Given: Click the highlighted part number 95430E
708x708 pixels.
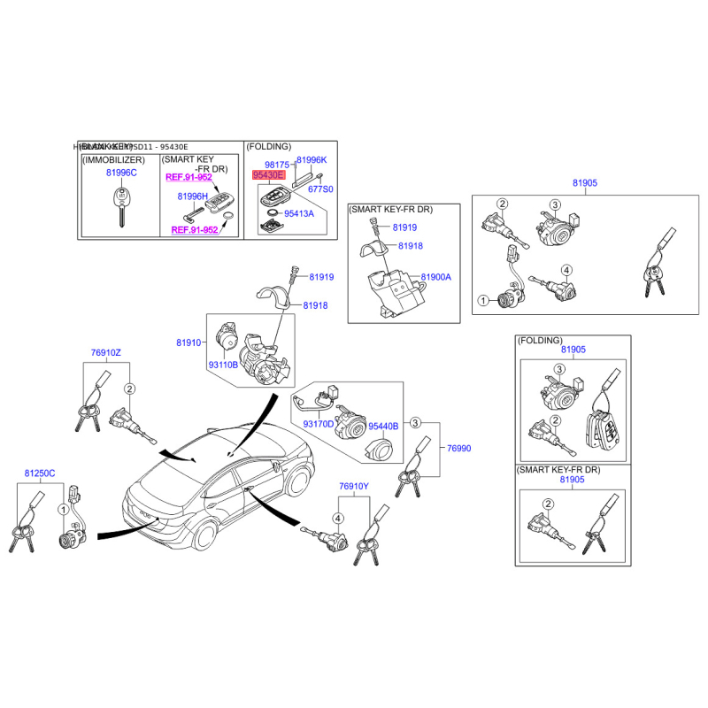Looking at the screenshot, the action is pyautogui.click(x=268, y=175).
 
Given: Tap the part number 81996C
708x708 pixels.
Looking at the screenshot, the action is pyautogui.click(x=121, y=173).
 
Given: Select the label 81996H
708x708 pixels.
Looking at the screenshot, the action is pyautogui.click(x=192, y=196).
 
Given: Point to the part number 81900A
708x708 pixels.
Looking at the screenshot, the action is pyautogui.click(x=436, y=277).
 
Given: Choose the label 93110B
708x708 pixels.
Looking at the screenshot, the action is pyautogui.click(x=223, y=365).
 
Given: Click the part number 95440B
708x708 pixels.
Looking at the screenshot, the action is pyautogui.click(x=384, y=426).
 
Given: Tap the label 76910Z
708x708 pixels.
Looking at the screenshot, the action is pyautogui.click(x=105, y=353).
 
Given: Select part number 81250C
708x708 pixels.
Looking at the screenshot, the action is pyautogui.click(x=40, y=474).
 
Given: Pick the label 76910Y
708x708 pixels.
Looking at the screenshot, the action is pyautogui.click(x=353, y=487).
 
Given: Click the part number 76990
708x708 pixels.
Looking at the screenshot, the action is pyautogui.click(x=459, y=449).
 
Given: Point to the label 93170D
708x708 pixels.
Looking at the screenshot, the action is pyautogui.click(x=319, y=425).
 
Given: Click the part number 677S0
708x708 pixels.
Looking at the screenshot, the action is pyautogui.click(x=320, y=189).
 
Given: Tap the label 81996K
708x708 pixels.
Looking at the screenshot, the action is pyautogui.click(x=312, y=160).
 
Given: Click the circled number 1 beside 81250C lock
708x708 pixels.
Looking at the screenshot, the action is pyautogui.click(x=63, y=510).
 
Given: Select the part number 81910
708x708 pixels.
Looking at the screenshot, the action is pyautogui.click(x=189, y=341).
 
